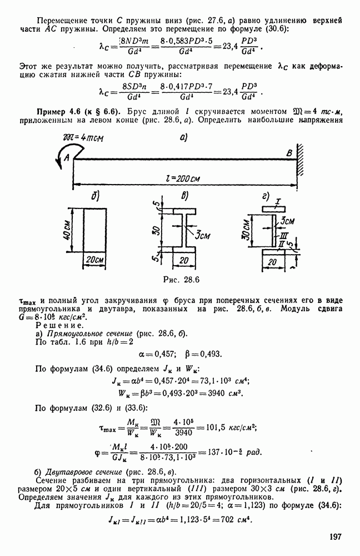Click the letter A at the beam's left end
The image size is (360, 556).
(67, 158)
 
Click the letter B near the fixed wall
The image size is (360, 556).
(288, 153)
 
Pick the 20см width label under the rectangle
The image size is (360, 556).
(97, 261)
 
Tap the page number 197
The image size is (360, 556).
(334, 537)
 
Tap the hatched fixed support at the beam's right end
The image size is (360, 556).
(301, 158)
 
